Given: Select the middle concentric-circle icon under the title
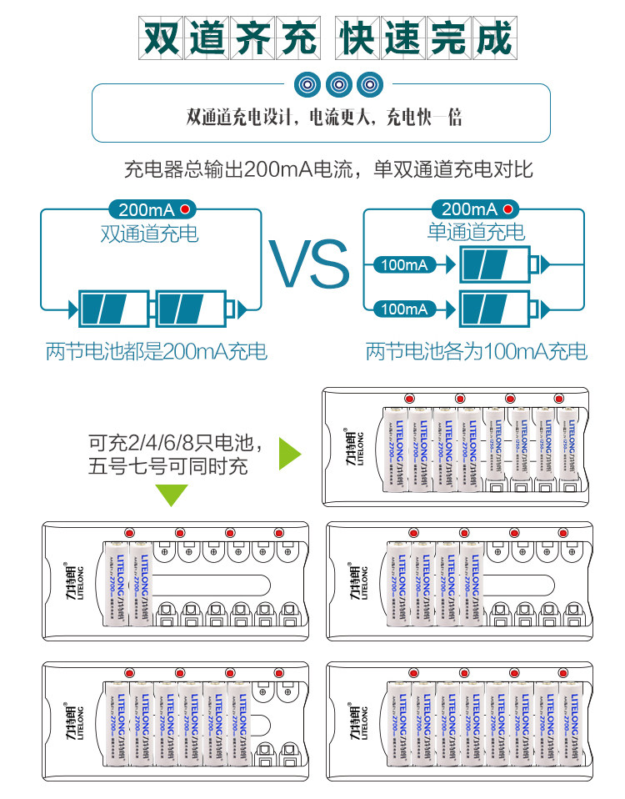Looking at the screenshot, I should point(338,84).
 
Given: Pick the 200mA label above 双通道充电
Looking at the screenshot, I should point(147,209).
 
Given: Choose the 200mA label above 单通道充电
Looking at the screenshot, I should point(469,209).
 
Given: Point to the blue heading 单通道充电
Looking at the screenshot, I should point(476,232).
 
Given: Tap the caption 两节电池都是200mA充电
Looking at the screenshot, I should point(157,352).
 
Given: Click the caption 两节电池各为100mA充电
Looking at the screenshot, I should point(476,352).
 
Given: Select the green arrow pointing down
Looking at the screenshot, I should point(173,495).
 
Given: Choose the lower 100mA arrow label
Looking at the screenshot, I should point(404,309).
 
